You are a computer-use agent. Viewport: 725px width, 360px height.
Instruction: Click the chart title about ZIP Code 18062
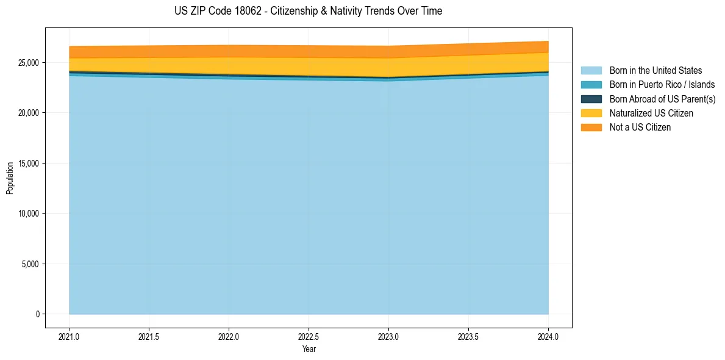pos(308,11)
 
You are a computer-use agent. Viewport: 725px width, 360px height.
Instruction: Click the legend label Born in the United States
pos(655,71)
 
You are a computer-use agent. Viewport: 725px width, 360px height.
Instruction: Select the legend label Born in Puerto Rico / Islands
pos(662,85)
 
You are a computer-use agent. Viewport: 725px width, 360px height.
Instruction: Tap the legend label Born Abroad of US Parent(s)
pos(662,99)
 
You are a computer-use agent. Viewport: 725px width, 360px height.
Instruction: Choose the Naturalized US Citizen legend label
pos(651,113)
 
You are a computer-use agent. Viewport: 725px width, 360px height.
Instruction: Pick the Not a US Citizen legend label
pos(640,127)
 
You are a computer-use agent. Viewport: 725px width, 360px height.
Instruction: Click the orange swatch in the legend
pos(591,127)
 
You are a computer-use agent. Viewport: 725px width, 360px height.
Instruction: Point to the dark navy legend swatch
pos(591,99)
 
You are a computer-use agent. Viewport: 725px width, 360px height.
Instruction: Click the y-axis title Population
pos(10,178)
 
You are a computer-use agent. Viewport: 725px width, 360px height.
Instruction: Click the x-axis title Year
pos(309,349)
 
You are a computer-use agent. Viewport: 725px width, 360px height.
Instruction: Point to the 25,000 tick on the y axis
pos(27,63)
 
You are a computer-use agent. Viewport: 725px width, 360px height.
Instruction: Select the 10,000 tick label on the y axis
pos(27,214)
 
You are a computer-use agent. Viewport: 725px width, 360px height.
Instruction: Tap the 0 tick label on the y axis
pos(37,314)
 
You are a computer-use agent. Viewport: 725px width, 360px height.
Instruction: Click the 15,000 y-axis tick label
pos(27,164)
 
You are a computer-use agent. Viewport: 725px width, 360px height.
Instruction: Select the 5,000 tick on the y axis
pos(29,264)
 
